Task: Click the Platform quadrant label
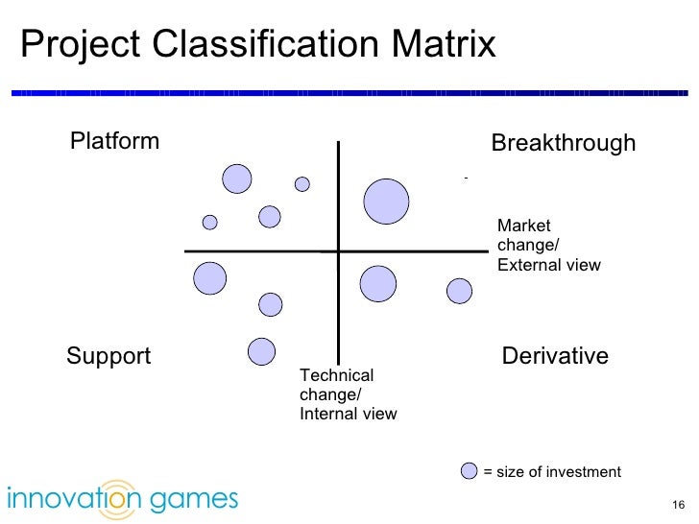114,142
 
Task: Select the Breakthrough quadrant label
563,144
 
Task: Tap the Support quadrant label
108,357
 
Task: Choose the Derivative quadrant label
555,357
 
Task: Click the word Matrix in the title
444,44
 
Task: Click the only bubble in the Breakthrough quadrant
386,202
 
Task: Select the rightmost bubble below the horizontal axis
460,291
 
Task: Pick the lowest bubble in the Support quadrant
262,352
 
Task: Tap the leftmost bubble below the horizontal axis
209,278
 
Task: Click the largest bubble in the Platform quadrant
237,179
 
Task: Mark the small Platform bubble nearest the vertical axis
302,183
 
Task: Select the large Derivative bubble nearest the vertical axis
377,283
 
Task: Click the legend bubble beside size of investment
470,471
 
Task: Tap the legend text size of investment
552,472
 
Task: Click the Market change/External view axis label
548,246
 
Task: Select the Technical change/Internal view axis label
348,394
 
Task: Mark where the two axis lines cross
338,251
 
